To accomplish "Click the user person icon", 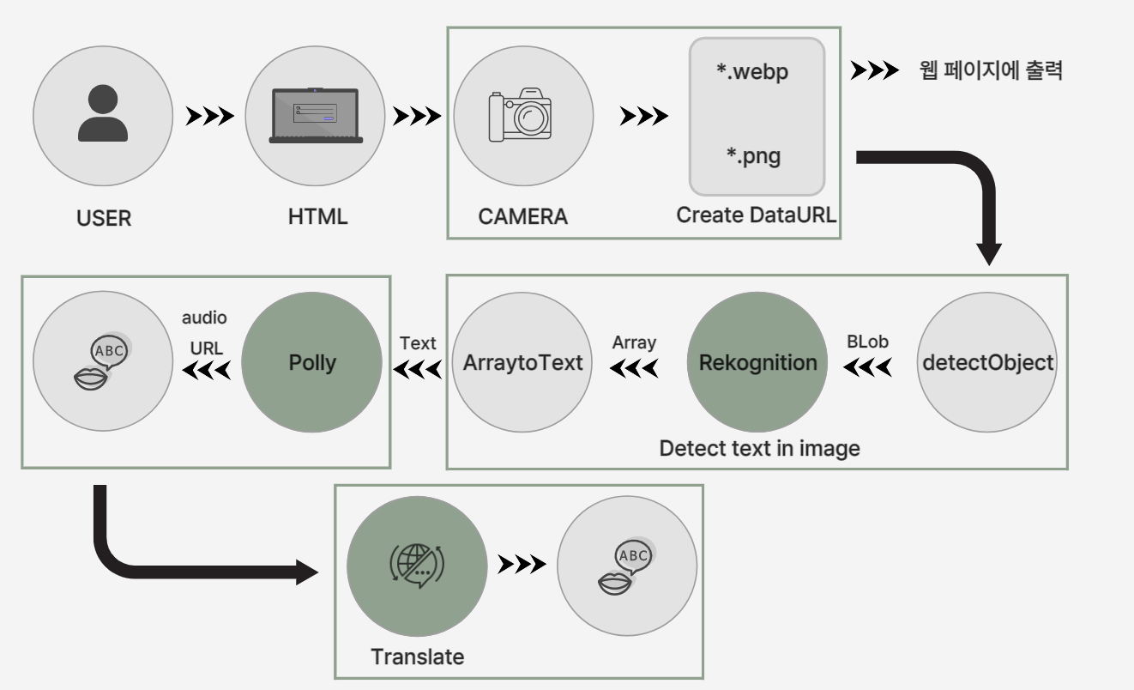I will click(x=103, y=114).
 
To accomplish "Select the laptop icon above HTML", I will click(x=316, y=116).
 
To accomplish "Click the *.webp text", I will click(x=752, y=71).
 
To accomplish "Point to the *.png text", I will click(x=753, y=157).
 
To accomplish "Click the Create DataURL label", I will click(x=756, y=215).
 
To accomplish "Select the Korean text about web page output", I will click(x=991, y=71).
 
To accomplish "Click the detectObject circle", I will click(x=987, y=362).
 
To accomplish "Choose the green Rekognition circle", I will click(x=757, y=362).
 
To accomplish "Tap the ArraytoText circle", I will click(x=522, y=362).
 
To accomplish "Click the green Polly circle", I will click(x=312, y=362).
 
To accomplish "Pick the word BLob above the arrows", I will click(x=867, y=342).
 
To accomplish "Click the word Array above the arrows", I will click(x=634, y=342).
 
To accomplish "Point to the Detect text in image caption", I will click(x=759, y=448).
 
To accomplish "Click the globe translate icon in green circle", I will click(x=417, y=566).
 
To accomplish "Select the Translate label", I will click(x=417, y=657).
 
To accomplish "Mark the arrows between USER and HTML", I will click(x=209, y=116).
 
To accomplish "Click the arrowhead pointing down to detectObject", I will click(x=988, y=253).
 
